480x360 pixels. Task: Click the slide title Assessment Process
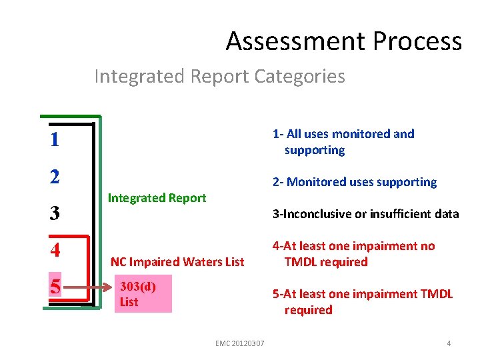click(x=343, y=41)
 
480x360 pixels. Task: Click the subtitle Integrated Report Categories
click(x=219, y=76)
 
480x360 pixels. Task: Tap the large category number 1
click(x=54, y=141)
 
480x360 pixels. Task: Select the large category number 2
click(x=55, y=177)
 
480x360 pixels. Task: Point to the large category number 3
click(x=55, y=214)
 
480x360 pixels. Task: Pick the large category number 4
click(x=55, y=251)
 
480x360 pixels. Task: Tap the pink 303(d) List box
click(x=143, y=294)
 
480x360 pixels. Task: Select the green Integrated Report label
click(x=157, y=198)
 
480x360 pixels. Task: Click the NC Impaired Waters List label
click(x=177, y=262)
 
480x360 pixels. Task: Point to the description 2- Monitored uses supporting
click(x=354, y=182)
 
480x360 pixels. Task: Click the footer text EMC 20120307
click(x=240, y=343)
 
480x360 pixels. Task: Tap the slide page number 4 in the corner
click(x=449, y=343)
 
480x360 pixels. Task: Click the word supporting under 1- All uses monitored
click(x=314, y=151)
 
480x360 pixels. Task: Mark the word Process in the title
click(x=417, y=41)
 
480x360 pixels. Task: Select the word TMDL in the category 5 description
click(x=437, y=294)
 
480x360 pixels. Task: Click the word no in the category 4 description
click(x=427, y=246)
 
